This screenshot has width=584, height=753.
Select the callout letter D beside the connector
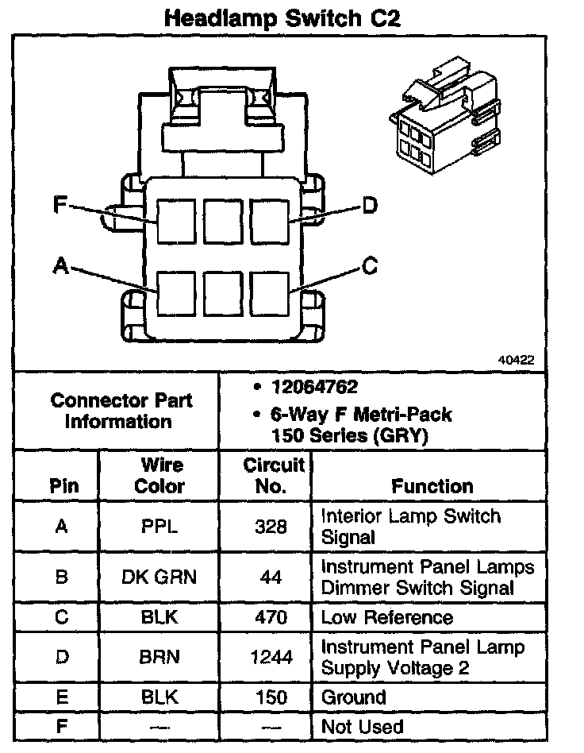coord(370,207)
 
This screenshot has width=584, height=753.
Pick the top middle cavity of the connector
coord(223,221)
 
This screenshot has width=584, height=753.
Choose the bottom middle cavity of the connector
coord(223,295)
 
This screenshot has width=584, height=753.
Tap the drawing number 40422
coord(516,360)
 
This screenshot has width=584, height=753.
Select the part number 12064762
coord(314,388)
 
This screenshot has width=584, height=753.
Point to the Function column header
coord(432,486)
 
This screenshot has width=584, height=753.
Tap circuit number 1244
coord(271,657)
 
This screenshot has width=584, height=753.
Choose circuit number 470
coord(271,617)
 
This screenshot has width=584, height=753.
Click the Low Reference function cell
coord(386,617)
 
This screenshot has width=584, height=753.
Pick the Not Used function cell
coord(362,726)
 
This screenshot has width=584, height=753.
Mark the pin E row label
coord(62,697)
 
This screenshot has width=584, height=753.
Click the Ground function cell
coord(354,697)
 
